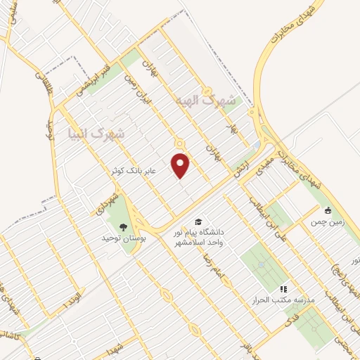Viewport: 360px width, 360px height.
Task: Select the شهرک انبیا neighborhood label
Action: click(x=95, y=132)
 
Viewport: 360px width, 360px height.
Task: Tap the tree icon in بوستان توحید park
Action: click(x=124, y=226)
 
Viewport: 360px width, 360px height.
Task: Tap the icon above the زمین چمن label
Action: click(x=328, y=210)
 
